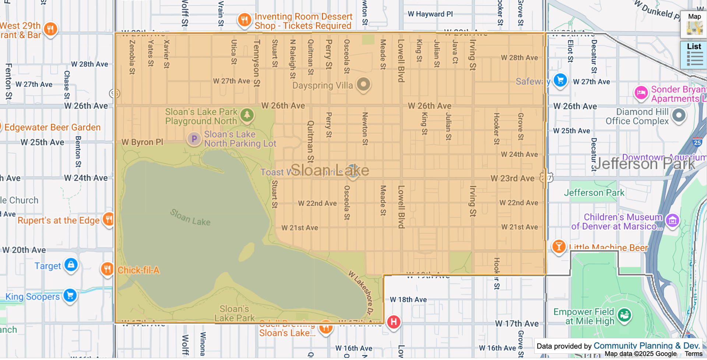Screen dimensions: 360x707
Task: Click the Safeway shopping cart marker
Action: [560, 80]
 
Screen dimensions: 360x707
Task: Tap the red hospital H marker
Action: [393, 322]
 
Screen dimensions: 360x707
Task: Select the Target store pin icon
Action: [71, 264]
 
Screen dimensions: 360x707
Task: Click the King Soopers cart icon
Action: [70, 295]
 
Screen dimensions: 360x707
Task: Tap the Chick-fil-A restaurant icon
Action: [107, 269]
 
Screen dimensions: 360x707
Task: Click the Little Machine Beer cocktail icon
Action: [559, 246]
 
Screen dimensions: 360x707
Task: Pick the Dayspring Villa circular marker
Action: [363, 84]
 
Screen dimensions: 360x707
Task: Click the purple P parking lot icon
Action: [194, 139]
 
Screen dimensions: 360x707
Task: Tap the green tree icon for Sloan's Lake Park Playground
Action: [247, 115]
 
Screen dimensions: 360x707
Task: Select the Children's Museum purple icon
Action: [672, 220]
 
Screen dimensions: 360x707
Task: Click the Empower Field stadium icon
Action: [624, 315]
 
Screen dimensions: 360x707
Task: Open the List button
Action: [694, 55]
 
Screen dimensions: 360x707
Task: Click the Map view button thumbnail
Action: [694, 25]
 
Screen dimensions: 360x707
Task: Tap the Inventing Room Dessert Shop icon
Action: [244, 20]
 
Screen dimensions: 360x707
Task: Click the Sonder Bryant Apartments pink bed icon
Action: [641, 92]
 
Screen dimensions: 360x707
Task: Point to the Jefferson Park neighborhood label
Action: [644, 164]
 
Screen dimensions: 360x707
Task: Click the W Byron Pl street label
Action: [142, 142]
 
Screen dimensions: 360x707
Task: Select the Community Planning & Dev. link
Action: [646, 346]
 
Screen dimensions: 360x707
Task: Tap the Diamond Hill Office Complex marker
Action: [679, 115]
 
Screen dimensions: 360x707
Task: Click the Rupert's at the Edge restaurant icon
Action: [109, 219]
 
